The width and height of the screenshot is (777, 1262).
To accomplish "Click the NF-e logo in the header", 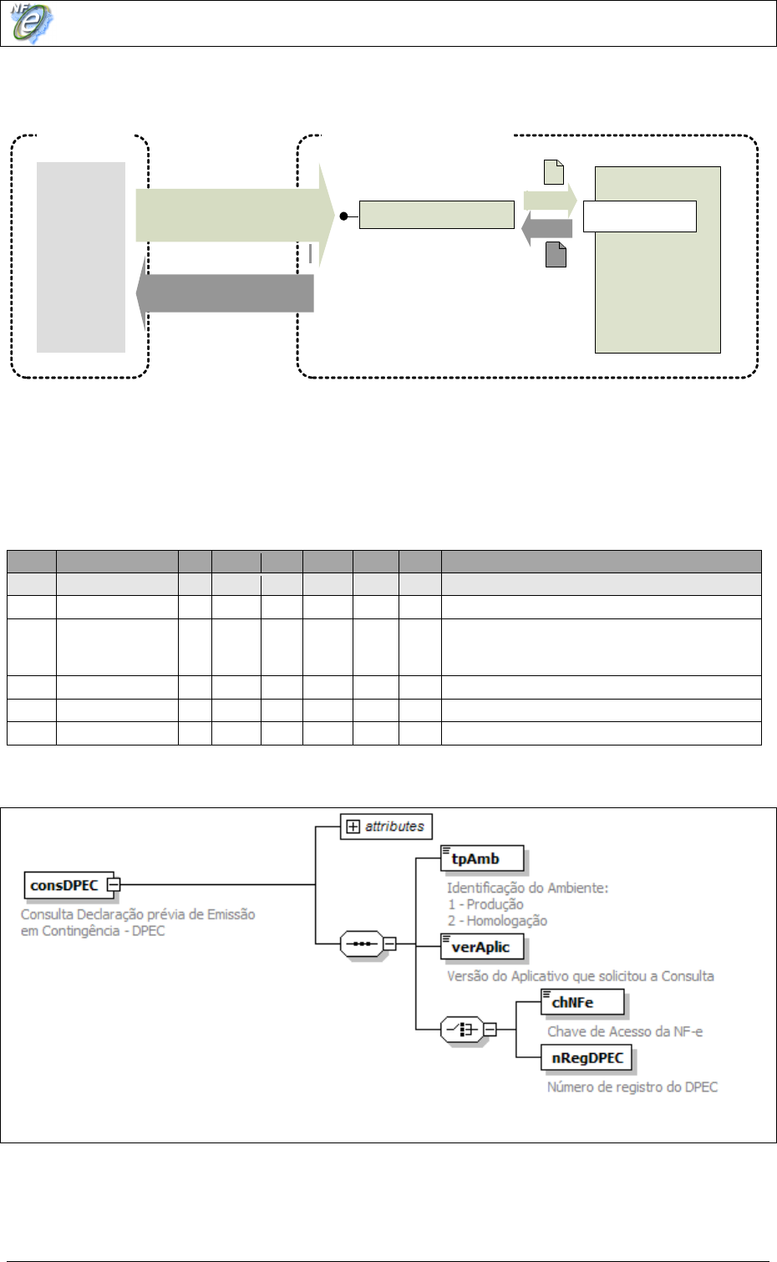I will click(32, 23).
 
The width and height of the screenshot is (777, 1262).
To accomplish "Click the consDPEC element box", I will click(64, 885).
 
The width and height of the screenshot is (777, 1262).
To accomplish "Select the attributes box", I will click(386, 827).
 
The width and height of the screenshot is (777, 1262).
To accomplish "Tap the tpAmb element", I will click(482, 858).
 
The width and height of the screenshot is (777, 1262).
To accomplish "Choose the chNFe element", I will click(581, 1002).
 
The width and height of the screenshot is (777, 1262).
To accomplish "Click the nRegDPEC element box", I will click(587, 1058).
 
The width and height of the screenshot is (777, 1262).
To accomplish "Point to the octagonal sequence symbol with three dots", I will click(361, 944).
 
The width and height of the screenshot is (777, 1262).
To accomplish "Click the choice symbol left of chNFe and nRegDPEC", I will click(461, 1030).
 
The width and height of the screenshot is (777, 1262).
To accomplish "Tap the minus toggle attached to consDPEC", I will click(114, 884).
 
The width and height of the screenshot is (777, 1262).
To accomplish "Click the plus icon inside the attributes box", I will click(353, 827).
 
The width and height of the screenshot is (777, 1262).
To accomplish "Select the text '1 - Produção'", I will click(485, 904).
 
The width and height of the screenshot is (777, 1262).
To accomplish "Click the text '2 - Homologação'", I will click(497, 921).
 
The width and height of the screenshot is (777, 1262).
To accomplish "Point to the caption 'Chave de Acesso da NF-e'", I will click(624, 1031).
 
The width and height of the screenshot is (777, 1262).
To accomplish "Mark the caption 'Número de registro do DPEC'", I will click(632, 1086).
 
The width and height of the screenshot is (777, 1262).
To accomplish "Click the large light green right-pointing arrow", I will click(234, 215).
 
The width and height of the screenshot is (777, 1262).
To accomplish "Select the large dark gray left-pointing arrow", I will click(226, 293).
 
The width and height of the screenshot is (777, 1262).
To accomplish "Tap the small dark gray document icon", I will click(556, 254).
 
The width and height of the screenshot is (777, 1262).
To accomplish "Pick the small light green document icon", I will click(554, 172).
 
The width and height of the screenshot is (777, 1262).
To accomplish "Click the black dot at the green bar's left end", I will click(343, 216).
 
